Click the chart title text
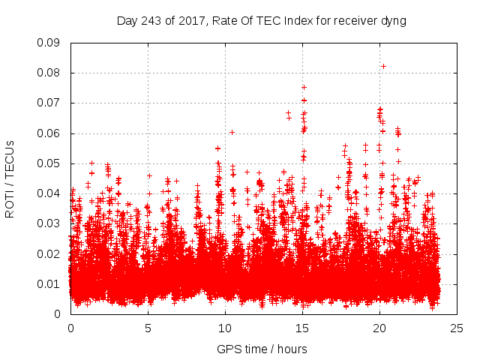[x=261, y=21]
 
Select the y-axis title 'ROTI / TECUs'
[x=10, y=178]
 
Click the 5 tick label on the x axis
[x=148, y=328]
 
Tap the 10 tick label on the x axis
[x=225, y=328]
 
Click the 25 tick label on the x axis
[x=457, y=328]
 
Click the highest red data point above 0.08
[x=383, y=66]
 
